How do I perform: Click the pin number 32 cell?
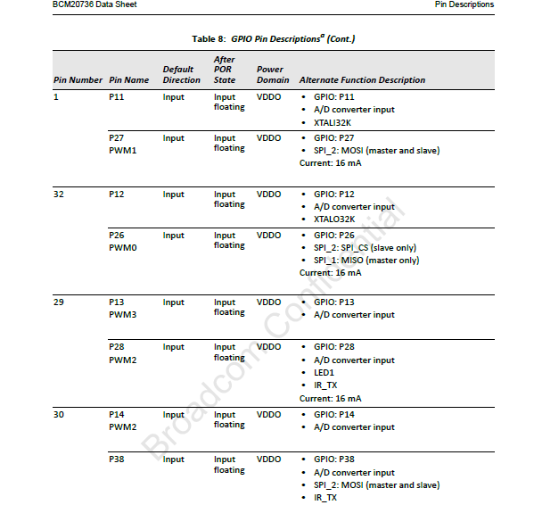click(x=59, y=195)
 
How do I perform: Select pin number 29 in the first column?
click(x=59, y=302)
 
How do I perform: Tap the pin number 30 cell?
click(x=59, y=415)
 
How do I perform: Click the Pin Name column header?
click(x=128, y=80)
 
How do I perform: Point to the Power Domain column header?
click(x=271, y=75)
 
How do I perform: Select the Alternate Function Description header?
click(x=362, y=80)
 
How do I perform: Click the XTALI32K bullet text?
click(x=333, y=122)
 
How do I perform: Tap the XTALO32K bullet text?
click(x=334, y=219)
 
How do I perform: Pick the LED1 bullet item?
click(x=324, y=373)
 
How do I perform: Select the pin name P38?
click(x=117, y=459)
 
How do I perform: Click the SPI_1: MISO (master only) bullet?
click(x=366, y=261)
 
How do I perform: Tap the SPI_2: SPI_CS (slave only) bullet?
click(x=365, y=248)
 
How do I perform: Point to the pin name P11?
click(x=117, y=97)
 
